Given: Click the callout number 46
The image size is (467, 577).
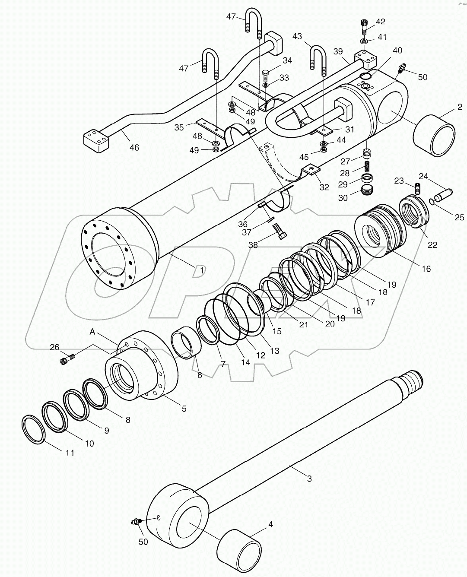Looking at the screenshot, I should pyautogui.click(x=134, y=147).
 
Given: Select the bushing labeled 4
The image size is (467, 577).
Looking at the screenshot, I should pyautogui.click(x=239, y=546).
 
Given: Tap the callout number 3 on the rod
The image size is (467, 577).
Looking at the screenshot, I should pyautogui.click(x=309, y=478).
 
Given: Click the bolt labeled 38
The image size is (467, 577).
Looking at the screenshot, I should pyautogui.click(x=281, y=235).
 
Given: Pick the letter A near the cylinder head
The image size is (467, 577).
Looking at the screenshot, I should pyautogui.click(x=92, y=332).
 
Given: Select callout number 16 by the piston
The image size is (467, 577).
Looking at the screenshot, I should pyautogui.click(x=426, y=269).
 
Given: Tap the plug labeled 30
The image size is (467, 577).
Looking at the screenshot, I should pyautogui.click(x=367, y=190).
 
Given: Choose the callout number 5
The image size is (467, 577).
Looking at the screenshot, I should pyautogui.click(x=184, y=408).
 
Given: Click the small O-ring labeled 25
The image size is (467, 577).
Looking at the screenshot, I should pyautogui.click(x=432, y=202).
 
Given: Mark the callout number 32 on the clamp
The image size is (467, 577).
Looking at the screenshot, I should pyautogui.click(x=324, y=187).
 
